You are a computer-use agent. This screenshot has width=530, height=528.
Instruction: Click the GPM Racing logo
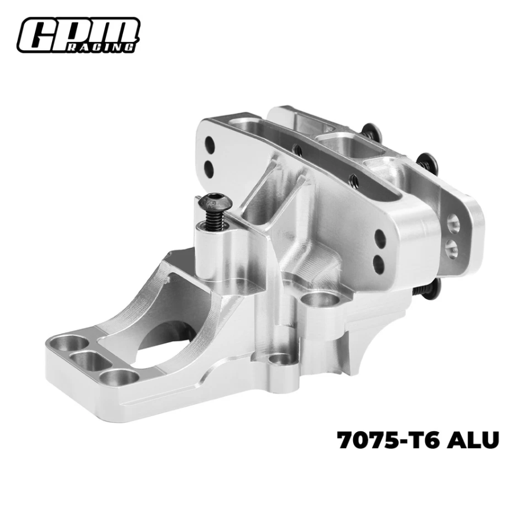click(78, 35)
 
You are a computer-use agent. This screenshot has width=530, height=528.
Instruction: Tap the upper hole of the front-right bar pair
click(380, 238)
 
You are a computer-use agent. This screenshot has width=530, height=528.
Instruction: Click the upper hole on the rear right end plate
click(453, 223)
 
